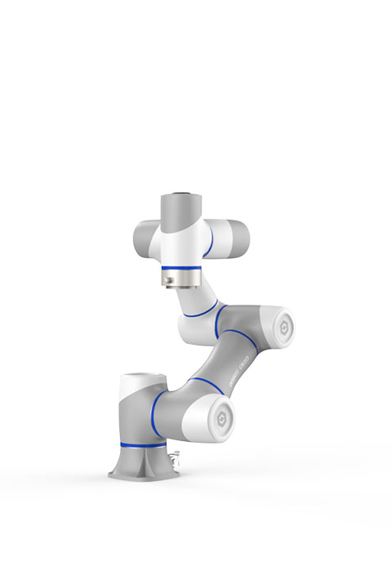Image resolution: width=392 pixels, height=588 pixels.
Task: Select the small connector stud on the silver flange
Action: pos(166,283)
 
